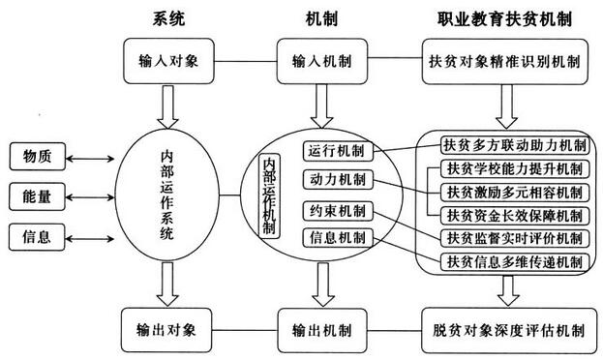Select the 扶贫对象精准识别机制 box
503,60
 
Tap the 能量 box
37,195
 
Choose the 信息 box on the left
37,236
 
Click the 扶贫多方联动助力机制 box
513,146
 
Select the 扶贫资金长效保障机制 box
513,215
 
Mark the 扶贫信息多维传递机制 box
513,261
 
